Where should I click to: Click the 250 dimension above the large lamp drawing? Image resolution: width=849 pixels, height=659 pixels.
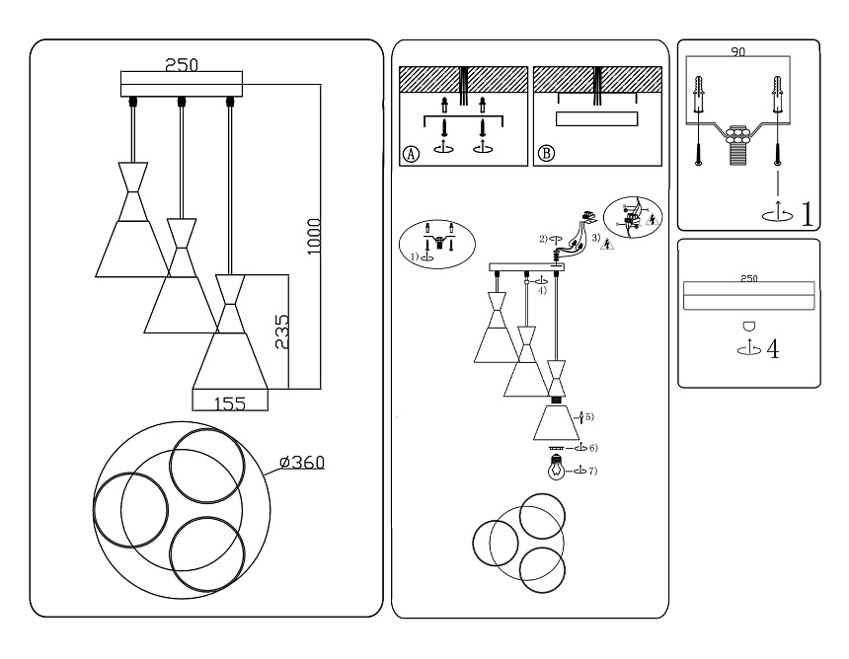coord(181,65)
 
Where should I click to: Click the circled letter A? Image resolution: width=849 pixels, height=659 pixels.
coord(412,154)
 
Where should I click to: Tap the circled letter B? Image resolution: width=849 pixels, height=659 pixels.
coord(546,154)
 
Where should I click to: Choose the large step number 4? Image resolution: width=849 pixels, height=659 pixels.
coord(773,349)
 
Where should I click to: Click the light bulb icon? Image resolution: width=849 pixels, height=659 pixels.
coord(558,471)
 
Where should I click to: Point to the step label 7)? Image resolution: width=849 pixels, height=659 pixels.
coord(592,471)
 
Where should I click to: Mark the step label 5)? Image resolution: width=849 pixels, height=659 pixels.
coord(589,417)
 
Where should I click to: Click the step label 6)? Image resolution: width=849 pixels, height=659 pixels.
coord(592,448)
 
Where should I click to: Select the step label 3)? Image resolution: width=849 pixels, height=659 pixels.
coord(594,238)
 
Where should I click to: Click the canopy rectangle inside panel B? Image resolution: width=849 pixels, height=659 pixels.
coord(594,119)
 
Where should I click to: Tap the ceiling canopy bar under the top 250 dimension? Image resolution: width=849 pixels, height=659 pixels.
coord(181,83)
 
